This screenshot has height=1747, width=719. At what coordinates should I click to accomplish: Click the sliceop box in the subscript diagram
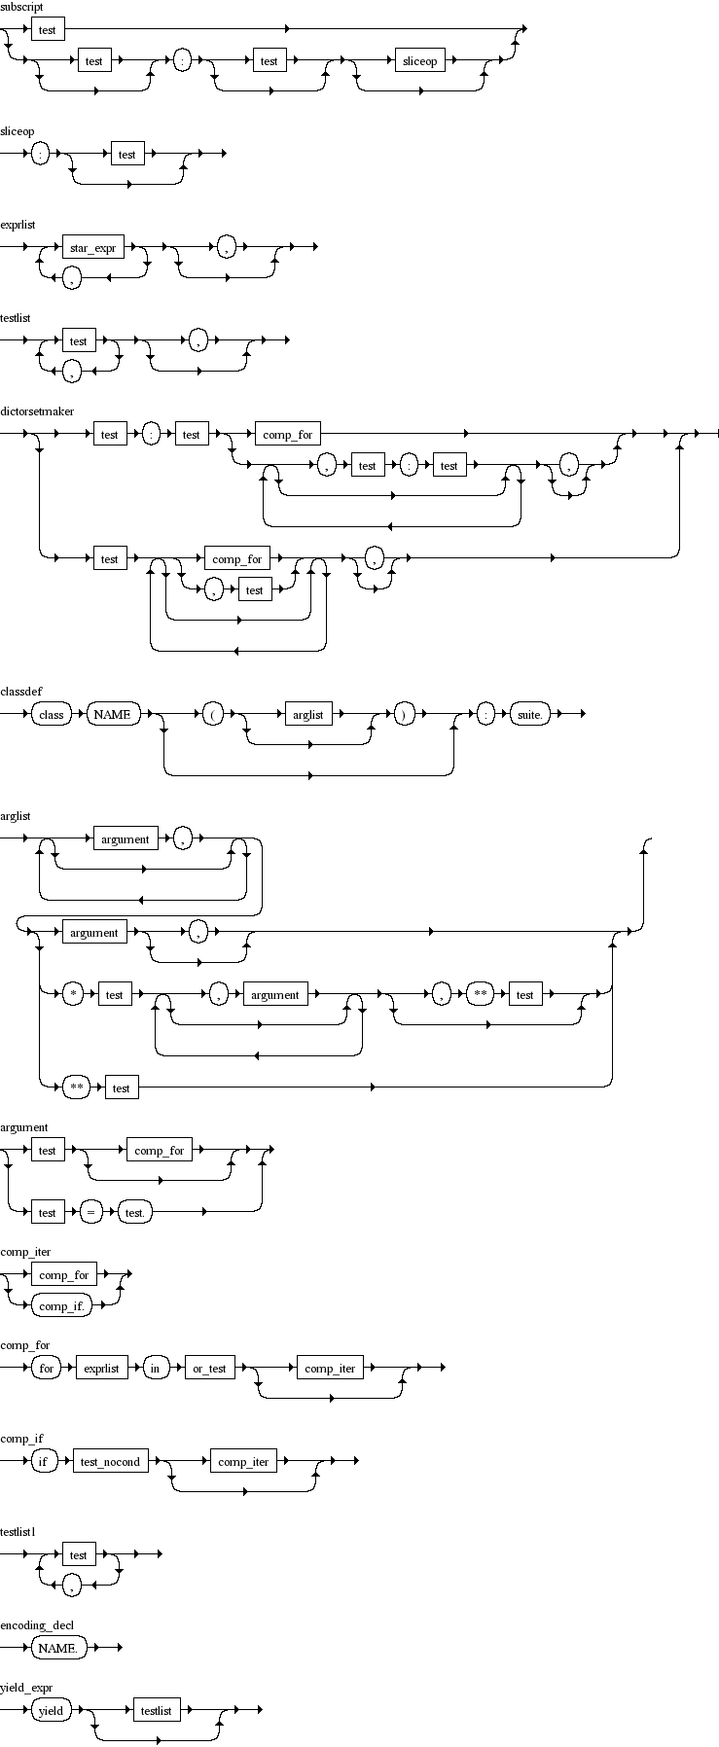[420, 61]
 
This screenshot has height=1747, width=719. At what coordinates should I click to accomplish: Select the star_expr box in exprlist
[92, 248]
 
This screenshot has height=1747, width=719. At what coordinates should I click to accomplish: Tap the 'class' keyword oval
[52, 715]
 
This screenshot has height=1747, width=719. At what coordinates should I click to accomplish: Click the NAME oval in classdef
[112, 715]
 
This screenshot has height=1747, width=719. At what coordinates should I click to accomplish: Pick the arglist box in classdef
[307, 715]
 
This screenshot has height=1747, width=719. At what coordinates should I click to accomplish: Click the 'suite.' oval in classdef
[530, 715]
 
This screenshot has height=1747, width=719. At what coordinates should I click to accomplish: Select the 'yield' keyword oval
[51, 1711]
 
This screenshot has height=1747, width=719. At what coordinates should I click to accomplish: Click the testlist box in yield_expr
[156, 1711]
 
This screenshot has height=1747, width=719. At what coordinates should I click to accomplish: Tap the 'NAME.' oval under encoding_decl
[58, 1649]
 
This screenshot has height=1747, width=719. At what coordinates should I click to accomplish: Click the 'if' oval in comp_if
[44, 1462]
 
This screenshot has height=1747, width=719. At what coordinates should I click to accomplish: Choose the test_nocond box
[111, 1462]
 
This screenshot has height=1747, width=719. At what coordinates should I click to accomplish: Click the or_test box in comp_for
[209, 1369]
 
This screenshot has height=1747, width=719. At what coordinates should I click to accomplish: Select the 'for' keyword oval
[46, 1369]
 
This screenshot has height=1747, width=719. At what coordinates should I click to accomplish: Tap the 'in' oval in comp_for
[155, 1369]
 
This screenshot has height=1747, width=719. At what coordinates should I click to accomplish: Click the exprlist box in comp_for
[101, 1369]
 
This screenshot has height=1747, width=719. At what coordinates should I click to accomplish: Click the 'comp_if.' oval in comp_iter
[61, 1306]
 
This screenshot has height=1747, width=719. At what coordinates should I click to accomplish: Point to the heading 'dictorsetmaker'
[37, 411]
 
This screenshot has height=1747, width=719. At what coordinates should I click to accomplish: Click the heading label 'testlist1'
[18, 1532]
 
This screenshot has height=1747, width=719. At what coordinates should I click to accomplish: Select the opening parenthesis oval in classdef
[213, 715]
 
